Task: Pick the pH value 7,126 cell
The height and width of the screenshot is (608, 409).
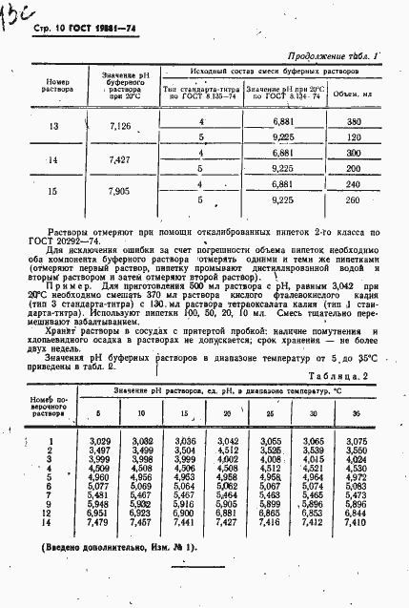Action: tap(113, 126)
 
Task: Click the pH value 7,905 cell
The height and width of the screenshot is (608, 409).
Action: tap(113, 191)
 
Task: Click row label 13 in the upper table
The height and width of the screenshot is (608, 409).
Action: tap(52, 126)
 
